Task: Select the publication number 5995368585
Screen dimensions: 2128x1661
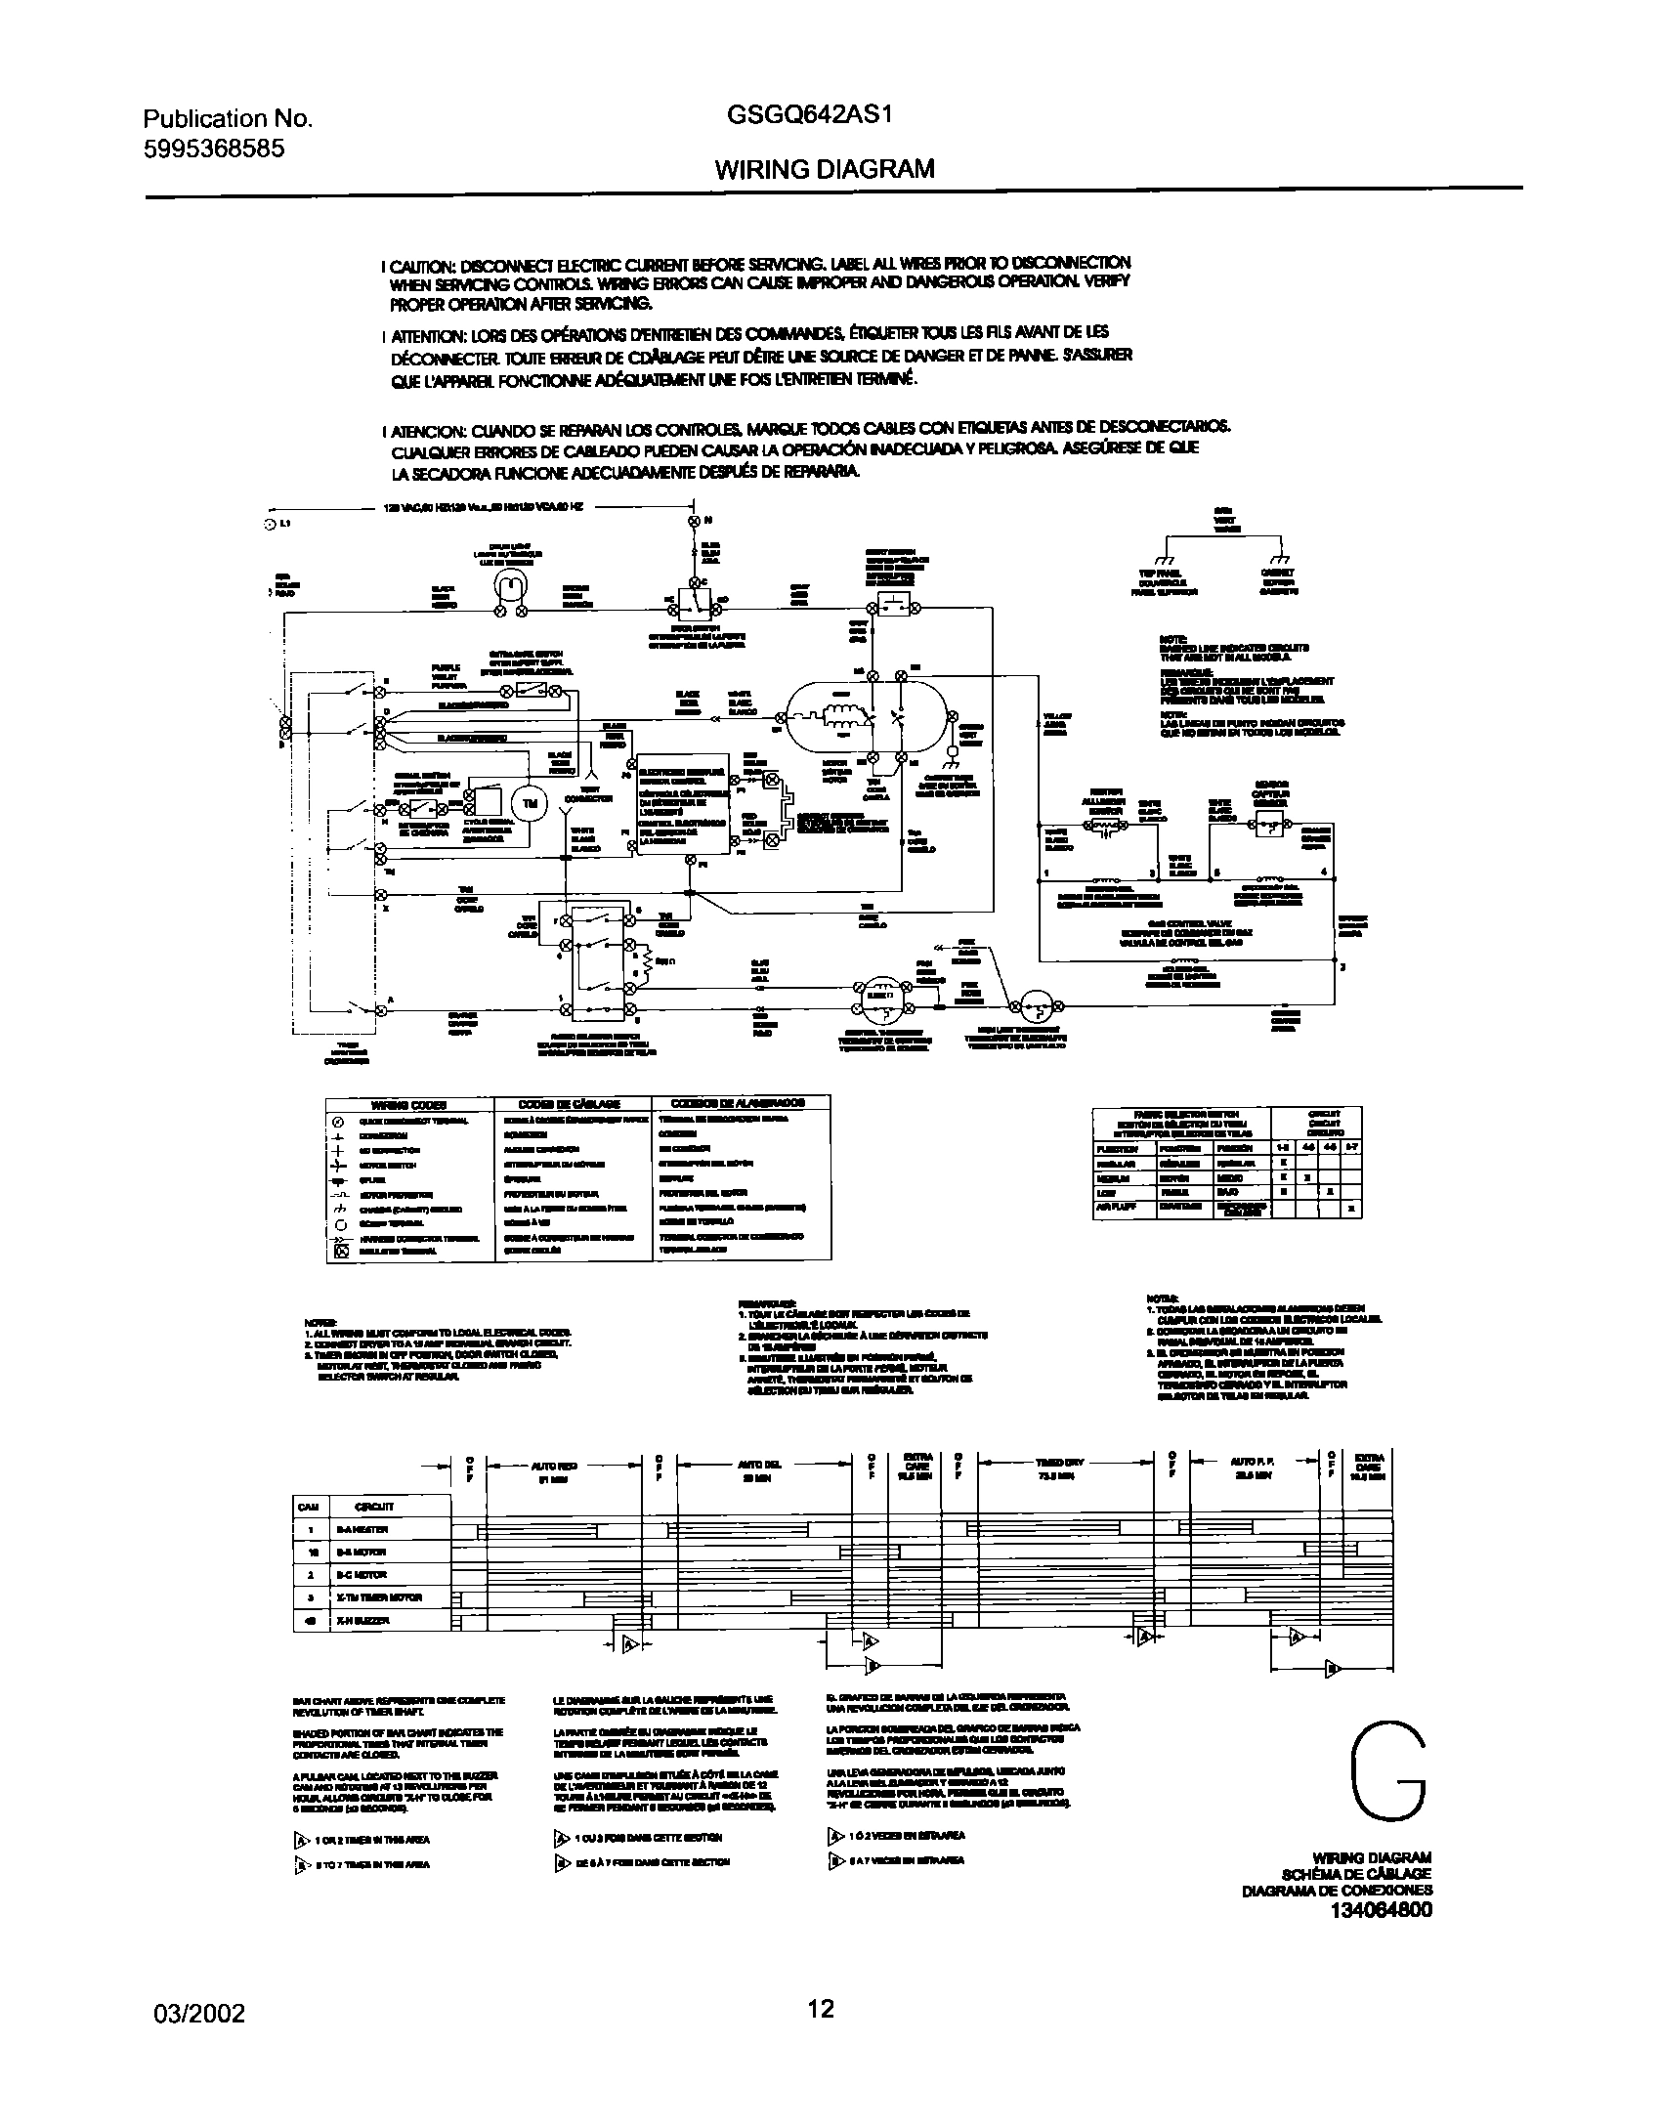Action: tap(214, 149)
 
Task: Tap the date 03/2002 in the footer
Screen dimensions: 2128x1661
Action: tap(199, 2011)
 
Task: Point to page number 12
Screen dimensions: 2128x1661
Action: tap(821, 2008)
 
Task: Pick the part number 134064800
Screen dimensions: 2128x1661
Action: tap(1381, 1910)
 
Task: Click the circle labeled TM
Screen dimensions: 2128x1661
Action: tap(531, 803)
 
